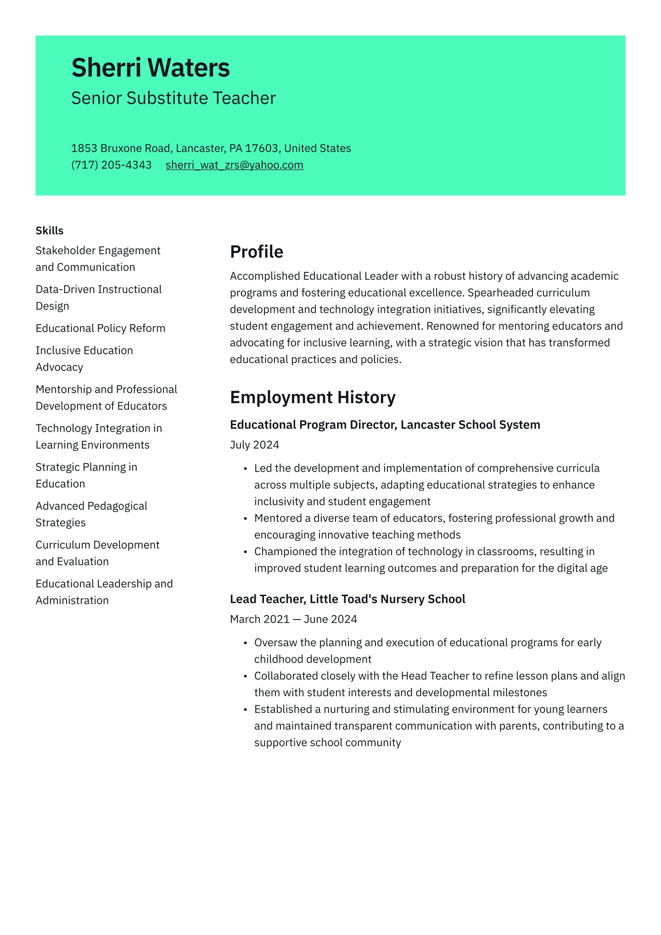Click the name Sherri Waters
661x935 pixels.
(151, 68)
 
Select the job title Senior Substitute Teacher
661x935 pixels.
(174, 98)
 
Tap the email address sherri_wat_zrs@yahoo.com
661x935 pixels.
(234, 165)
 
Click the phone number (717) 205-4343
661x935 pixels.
(111, 165)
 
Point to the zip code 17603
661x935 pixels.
(262, 148)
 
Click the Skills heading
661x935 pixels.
(50, 231)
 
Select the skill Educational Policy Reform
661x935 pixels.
(101, 328)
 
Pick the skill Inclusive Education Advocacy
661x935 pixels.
(84, 359)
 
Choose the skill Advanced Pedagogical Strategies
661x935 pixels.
(91, 514)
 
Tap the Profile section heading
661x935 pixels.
(256, 252)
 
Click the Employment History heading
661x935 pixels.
(313, 397)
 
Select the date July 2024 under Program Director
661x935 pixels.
(254, 445)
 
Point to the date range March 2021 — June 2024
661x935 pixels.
(293, 620)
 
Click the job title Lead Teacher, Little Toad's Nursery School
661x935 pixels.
(347, 599)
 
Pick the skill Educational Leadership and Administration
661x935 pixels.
(104, 592)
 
